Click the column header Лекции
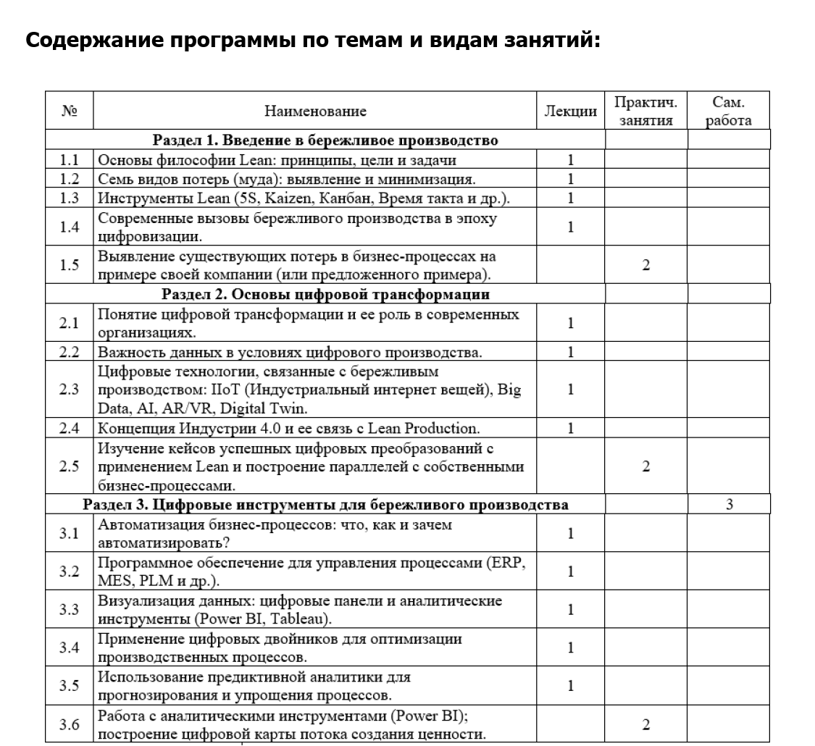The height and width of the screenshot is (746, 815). pos(571,111)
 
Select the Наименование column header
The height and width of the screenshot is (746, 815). pos(315,111)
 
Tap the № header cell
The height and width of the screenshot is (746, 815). pos(70,111)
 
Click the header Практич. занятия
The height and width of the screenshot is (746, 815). pos(645,111)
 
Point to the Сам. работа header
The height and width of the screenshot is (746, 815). pos(728,111)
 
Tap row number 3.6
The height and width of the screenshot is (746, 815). pos(70,724)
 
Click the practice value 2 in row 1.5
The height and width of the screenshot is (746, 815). pos(645,265)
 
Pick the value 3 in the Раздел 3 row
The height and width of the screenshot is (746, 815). pos(728,504)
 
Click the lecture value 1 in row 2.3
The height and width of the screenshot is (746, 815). pos(571,390)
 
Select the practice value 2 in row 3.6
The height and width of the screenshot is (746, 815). pos(645,724)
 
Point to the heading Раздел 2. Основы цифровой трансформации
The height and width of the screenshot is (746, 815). pos(325,294)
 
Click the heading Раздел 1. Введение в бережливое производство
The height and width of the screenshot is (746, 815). pos(325,141)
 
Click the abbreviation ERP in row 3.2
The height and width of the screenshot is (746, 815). pos(506,564)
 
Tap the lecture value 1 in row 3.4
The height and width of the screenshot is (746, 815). pos(571,647)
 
